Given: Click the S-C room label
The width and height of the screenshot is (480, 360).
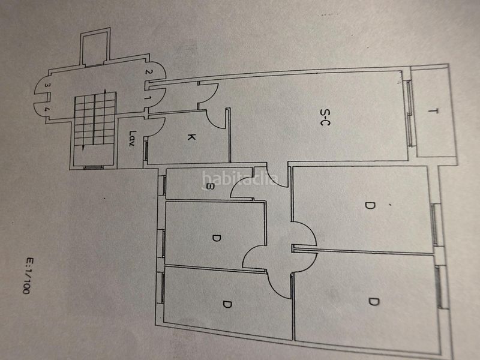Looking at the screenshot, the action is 325,117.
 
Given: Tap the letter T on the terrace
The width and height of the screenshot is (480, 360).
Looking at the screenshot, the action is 432,111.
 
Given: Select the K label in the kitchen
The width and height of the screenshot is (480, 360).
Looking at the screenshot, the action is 191,137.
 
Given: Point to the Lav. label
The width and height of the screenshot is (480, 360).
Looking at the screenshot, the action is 132,139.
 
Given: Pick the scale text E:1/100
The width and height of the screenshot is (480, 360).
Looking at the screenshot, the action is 28,276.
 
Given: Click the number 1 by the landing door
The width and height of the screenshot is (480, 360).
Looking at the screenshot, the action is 148,98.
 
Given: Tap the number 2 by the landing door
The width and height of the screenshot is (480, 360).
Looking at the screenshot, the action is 148,72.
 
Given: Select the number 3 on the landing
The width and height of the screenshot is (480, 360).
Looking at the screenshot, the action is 46,85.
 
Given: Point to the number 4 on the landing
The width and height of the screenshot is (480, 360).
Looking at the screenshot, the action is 46,109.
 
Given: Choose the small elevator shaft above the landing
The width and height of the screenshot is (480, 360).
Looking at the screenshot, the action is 95,47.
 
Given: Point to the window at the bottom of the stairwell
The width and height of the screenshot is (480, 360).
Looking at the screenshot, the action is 93,167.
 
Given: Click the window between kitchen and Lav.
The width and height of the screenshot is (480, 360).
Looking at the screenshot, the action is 146,149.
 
